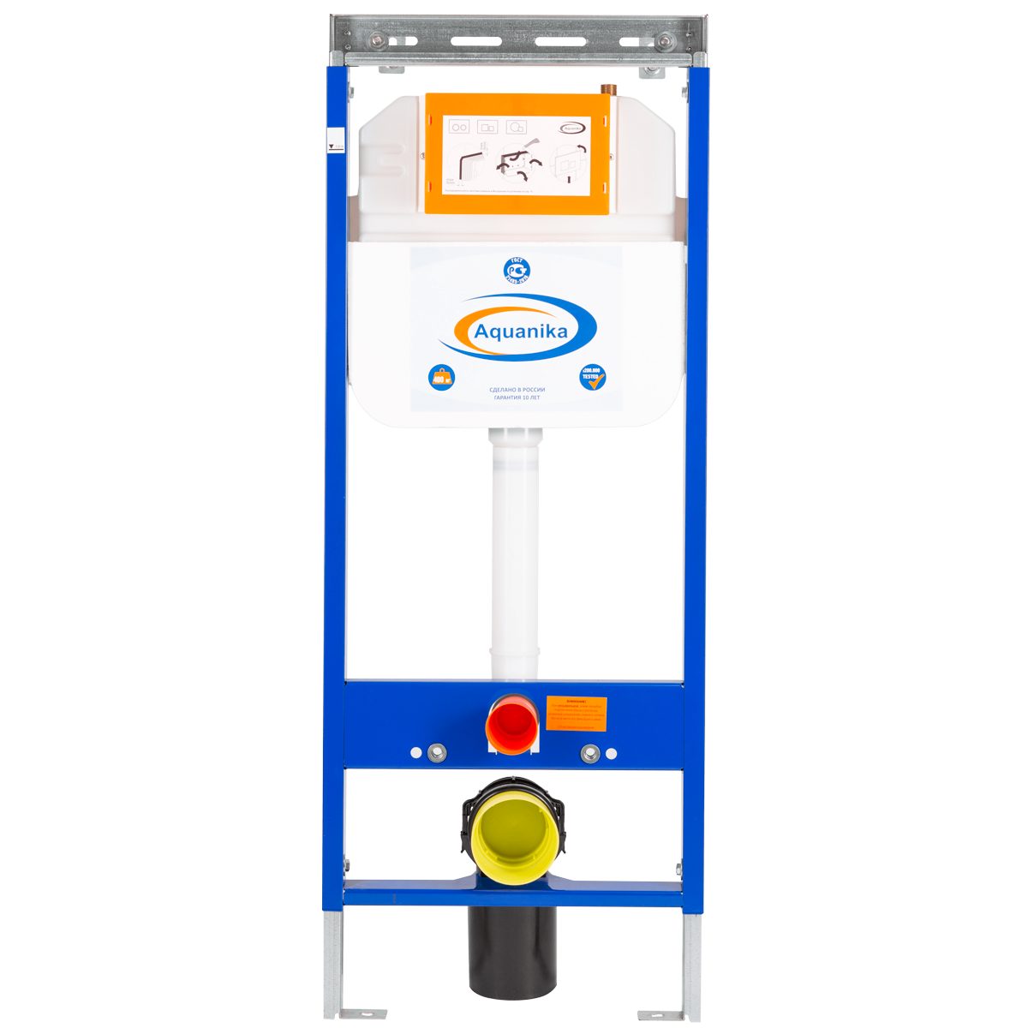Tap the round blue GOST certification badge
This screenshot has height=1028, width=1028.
point(516,272)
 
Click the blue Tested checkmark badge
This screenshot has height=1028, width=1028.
point(592,377)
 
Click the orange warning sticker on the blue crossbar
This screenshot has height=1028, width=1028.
point(576,714)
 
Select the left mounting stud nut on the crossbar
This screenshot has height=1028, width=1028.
point(437,753)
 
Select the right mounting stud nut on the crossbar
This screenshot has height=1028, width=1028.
point(589,754)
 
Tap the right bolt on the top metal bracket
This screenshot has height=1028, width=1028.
point(664,39)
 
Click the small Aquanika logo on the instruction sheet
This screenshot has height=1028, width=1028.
point(572,128)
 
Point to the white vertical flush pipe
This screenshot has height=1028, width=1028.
point(515,557)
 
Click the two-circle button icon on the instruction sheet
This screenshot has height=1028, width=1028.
point(459,127)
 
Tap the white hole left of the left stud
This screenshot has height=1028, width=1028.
point(416,753)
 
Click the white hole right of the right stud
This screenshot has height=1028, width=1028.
point(611,754)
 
